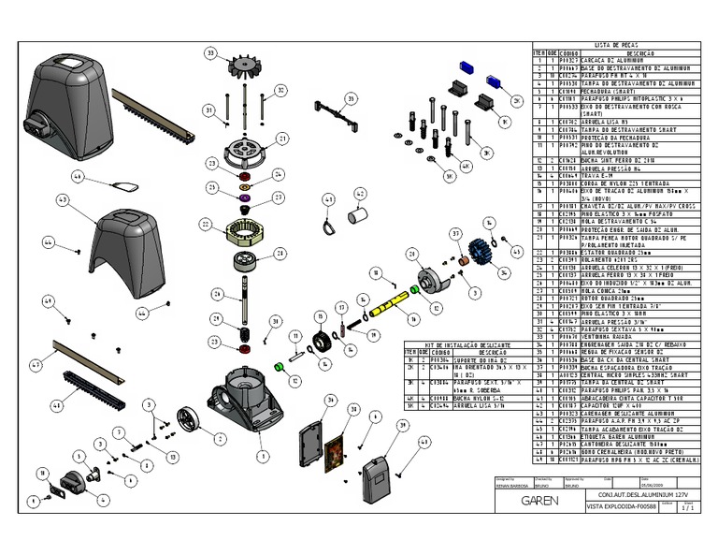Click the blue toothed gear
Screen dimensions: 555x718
485,254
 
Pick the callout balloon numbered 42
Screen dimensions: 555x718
359,193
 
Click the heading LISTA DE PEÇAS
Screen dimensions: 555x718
615,44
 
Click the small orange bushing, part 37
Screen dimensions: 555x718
461,255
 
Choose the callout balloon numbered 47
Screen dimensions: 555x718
35,363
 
